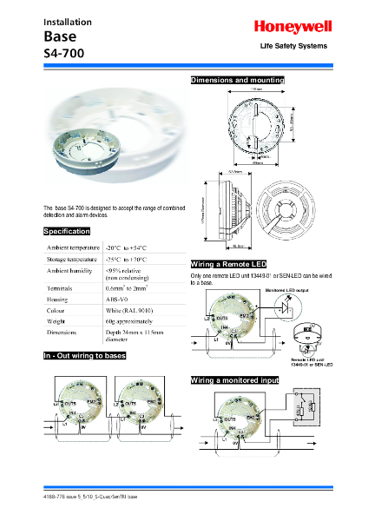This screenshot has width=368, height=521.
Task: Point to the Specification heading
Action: [x=67, y=232]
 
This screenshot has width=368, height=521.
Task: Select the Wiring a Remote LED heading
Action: [x=228, y=263]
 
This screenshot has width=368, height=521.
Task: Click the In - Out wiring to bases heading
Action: [x=85, y=356]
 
